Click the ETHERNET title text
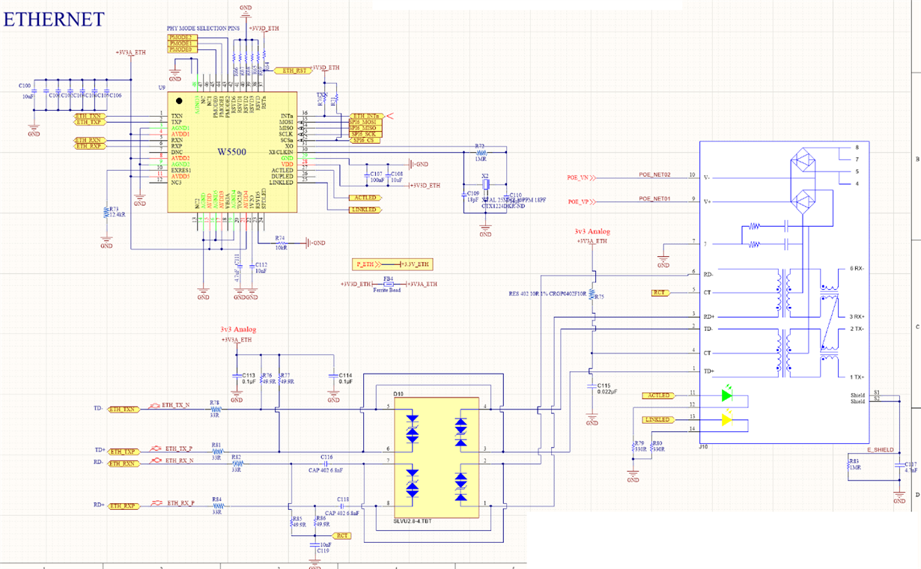(x=53, y=19)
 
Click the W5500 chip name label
(x=232, y=152)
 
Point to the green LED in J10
(x=726, y=394)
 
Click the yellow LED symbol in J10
(x=726, y=420)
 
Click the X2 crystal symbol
(x=485, y=185)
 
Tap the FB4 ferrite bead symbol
(x=388, y=284)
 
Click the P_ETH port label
(x=365, y=264)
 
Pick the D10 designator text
(x=398, y=393)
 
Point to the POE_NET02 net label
(x=654, y=174)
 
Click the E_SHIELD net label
(x=880, y=450)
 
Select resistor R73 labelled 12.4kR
(x=107, y=214)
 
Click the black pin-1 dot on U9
(x=179, y=101)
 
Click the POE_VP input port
(x=581, y=201)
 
